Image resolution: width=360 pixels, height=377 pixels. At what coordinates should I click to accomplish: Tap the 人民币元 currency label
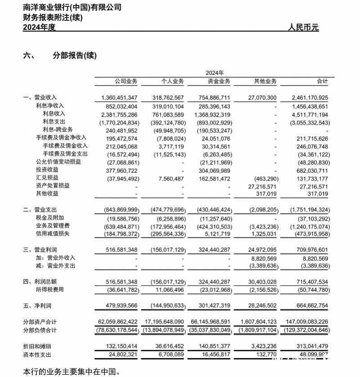[x=303, y=27]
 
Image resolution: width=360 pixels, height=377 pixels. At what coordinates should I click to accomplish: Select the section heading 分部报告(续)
[x=75, y=55]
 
